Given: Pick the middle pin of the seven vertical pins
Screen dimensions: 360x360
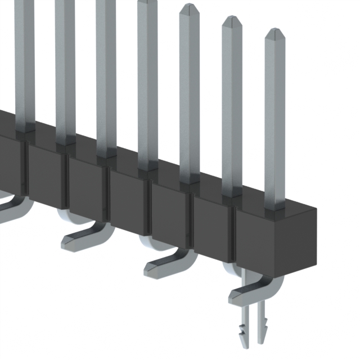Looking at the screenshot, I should click(x=147, y=84).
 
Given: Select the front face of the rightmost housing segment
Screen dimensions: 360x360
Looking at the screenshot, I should click(x=258, y=242).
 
